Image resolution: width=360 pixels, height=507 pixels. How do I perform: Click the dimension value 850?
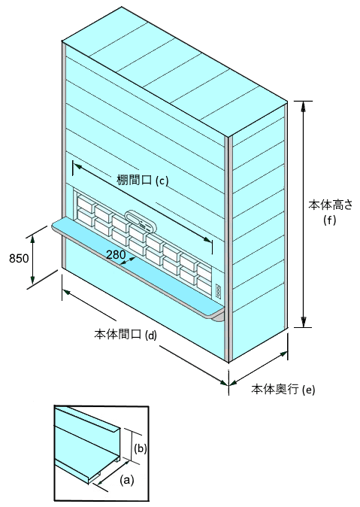pyautogui.click(x=19, y=258)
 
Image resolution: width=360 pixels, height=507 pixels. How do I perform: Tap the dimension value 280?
pyautogui.click(x=116, y=255)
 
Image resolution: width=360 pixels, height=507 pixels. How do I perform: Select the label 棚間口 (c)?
pyautogui.click(x=143, y=180)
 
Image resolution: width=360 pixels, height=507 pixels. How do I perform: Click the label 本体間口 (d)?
pyautogui.click(x=126, y=334)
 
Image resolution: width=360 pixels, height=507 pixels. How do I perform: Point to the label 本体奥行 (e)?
pyautogui.click(x=283, y=389)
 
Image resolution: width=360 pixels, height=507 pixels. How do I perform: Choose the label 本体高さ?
pyautogui.click(x=331, y=205)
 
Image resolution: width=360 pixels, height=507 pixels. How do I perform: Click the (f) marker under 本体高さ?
pyautogui.click(x=330, y=220)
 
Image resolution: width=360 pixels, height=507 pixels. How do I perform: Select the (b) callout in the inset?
pyautogui.click(x=141, y=449)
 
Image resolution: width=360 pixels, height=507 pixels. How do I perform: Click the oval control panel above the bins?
pyautogui.click(x=141, y=222)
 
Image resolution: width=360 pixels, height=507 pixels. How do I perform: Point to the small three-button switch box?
pyautogui.click(x=219, y=291)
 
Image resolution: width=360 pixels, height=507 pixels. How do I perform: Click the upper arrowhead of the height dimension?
pyautogui.click(x=303, y=106)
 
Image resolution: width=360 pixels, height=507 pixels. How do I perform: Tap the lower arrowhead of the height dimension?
pyautogui.click(x=303, y=322)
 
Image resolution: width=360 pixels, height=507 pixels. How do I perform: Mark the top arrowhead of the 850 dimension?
pyautogui.click(x=32, y=239)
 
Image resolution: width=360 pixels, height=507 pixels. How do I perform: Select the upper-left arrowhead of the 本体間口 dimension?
pyautogui.click(x=68, y=293)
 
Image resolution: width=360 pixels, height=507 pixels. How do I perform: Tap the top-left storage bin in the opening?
pyautogui.click(x=85, y=203)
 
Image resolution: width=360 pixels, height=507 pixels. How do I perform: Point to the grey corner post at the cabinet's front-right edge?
pyautogui.click(x=230, y=249)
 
